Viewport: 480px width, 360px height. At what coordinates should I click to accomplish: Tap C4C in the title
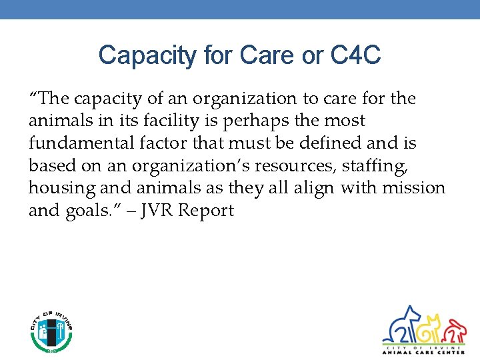[355, 55]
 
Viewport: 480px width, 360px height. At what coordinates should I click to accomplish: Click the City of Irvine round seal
[51, 331]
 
